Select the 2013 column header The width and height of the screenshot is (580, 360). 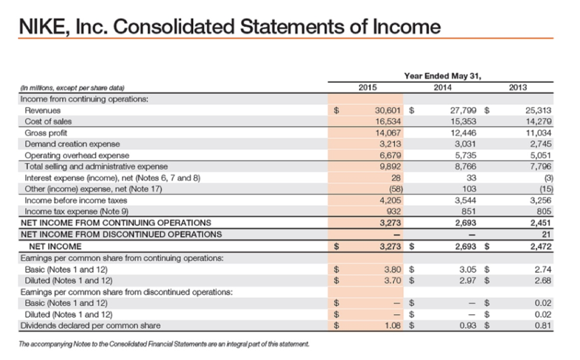[x=517, y=87]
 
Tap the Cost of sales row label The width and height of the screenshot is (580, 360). [x=49, y=122]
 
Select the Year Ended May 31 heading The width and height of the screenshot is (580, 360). [x=445, y=76]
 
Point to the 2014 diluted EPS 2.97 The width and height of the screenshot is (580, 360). [x=468, y=280]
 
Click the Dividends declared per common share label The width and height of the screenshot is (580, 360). [x=90, y=325]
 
